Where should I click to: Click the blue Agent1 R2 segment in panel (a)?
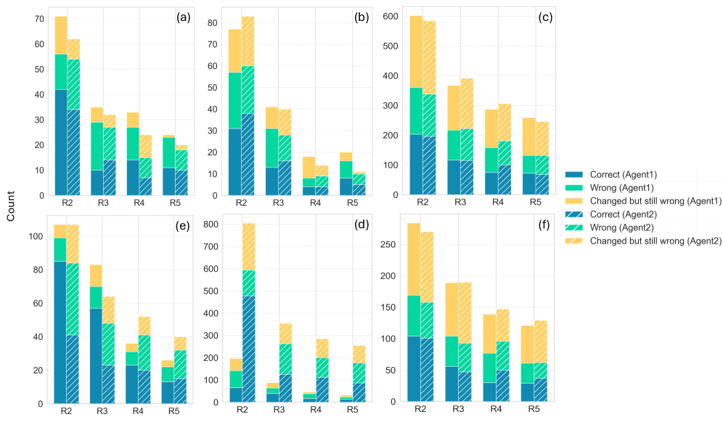tap(61, 142)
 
